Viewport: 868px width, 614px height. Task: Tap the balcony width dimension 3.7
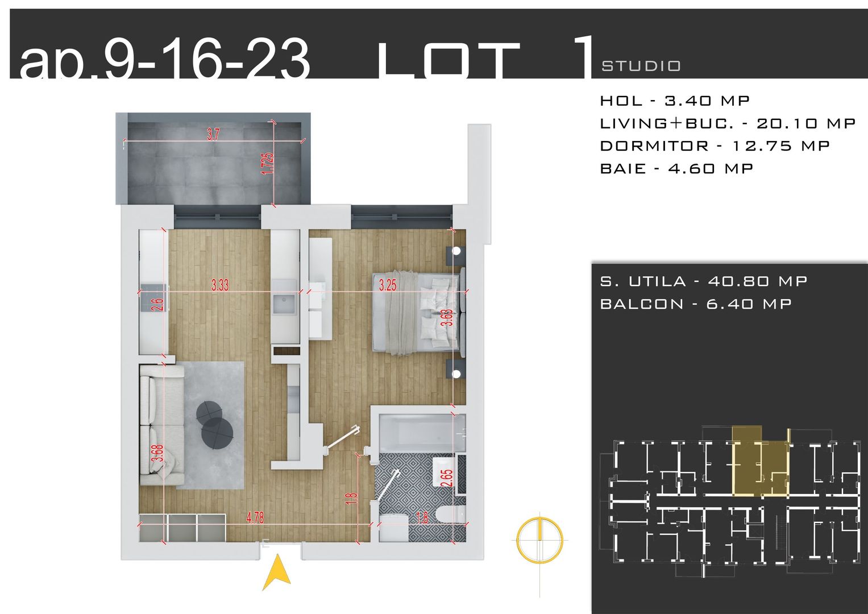tap(213, 135)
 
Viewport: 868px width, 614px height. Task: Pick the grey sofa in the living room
tap(162, 424)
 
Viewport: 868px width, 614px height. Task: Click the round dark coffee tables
tap(214, 425)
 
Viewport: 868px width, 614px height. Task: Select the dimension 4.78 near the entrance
tap(255, 518)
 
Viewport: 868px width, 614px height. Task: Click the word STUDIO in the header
tap(641, 66)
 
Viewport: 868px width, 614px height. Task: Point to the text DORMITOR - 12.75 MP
tap(715, 146)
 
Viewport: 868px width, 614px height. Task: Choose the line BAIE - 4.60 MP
tap(676, 169)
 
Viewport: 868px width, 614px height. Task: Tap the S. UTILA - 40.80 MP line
tap(703, 281)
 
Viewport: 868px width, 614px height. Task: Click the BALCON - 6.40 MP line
tap(696, 304)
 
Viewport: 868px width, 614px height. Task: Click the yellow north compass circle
tap(539, 537)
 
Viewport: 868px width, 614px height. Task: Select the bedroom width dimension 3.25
tap(388, 285)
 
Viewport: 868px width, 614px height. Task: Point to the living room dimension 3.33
tap(220, 285)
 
